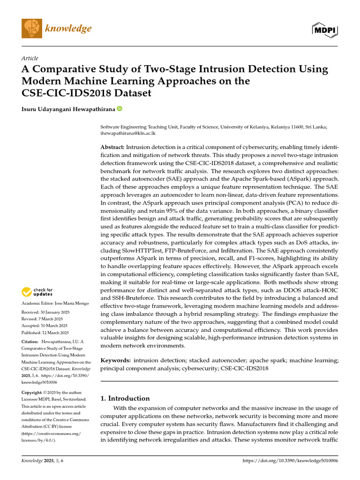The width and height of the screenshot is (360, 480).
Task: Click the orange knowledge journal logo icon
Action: (31, 29)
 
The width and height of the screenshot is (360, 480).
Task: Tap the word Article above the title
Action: (30, 58)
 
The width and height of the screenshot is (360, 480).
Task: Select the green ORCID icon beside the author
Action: (120, 109)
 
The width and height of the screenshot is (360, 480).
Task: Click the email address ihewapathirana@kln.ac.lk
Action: (129, 133)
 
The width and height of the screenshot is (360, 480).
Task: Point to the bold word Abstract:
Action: (113, 147)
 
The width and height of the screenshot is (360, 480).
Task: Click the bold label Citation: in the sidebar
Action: (30, 343)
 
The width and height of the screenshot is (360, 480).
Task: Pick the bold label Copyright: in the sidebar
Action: (32, 392)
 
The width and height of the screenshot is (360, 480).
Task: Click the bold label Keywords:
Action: (116, 360)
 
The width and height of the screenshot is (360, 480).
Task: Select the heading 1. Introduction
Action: (126, 398)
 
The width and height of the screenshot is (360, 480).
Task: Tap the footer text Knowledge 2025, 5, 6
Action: (43, 461)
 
